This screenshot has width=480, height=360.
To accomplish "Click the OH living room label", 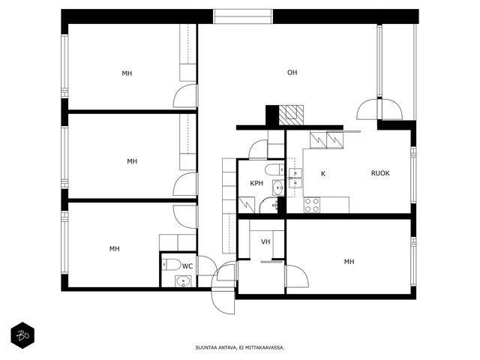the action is (x=292, y=73).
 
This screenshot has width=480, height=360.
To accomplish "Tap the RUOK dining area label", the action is (x=380, y=173).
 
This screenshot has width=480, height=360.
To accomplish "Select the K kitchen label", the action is (x=323, y=174).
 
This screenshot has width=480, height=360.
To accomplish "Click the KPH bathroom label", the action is (x=256, y=183).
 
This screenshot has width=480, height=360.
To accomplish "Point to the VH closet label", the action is (x=265, y=241).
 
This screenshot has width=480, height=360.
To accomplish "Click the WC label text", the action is (x=187, y=266).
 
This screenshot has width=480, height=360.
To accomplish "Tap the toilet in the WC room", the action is (x=172, y=265).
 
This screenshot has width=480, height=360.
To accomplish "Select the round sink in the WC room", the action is (x=183, y=281).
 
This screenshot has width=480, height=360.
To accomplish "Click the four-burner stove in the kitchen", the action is (x=312, y=205).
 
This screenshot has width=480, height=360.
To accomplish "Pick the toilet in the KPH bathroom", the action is (x=274, y=169).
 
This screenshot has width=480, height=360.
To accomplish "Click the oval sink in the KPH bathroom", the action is (x=278, y=187).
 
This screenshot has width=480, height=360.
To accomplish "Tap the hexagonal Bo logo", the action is (x=22, y=335).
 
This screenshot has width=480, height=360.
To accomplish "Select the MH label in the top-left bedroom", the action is (x=127, y=73).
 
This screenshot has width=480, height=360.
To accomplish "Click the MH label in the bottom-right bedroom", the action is (x=349, y=262).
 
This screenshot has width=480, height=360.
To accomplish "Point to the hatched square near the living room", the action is (x=291, y=115).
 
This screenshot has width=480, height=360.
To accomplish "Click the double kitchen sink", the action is (x=295, y=178).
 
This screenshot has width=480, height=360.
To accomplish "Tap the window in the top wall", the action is (x=243, y=16).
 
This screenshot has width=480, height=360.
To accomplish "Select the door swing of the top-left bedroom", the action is (x=185, y=96).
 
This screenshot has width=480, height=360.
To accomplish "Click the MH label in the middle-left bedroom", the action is (x=132, y=161).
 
